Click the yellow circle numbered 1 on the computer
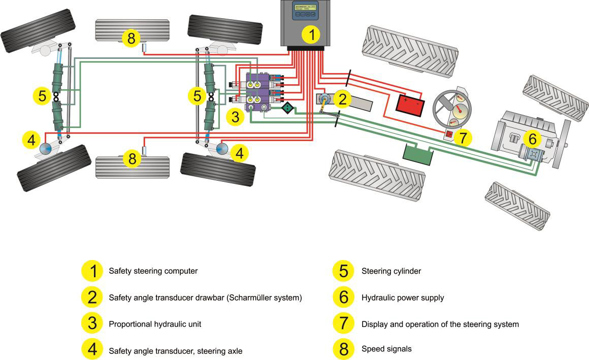click(312, 35)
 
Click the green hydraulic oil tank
click(416, 155)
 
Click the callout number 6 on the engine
click(532, 139)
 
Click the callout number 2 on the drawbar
click(342, 99)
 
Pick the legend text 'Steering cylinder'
click(390, 271)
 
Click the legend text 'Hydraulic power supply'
click(402, 298)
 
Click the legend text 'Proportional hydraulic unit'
click(155, 323)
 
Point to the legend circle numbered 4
click(92, 349)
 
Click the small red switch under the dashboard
click(449, 134)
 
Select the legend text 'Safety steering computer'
click(153, 271)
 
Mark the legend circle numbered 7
click(344, 323)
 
